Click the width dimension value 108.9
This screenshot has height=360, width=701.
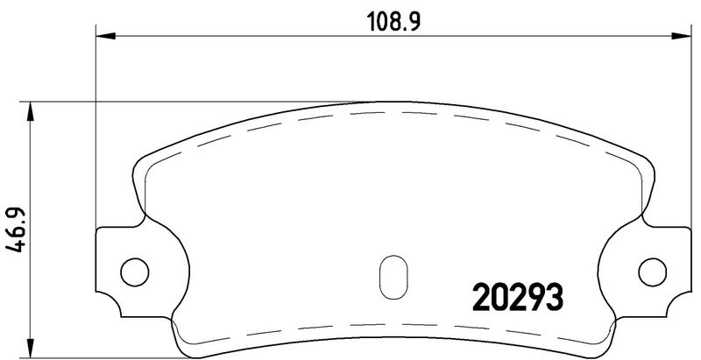click(393, 21)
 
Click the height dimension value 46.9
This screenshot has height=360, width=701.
click(15, 230)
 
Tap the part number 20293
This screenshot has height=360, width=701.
click(518, 298)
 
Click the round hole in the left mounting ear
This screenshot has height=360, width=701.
click(135, 272)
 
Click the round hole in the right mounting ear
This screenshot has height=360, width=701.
click(652, 272)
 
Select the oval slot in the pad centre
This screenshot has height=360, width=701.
click(393, 277)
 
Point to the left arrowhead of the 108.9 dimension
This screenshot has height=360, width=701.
click(106, 36)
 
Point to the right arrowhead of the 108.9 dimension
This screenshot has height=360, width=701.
click(682, 36)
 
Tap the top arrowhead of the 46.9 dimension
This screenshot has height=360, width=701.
click(30, 111)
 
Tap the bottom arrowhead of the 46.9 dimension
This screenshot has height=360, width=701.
click(30, 348)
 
